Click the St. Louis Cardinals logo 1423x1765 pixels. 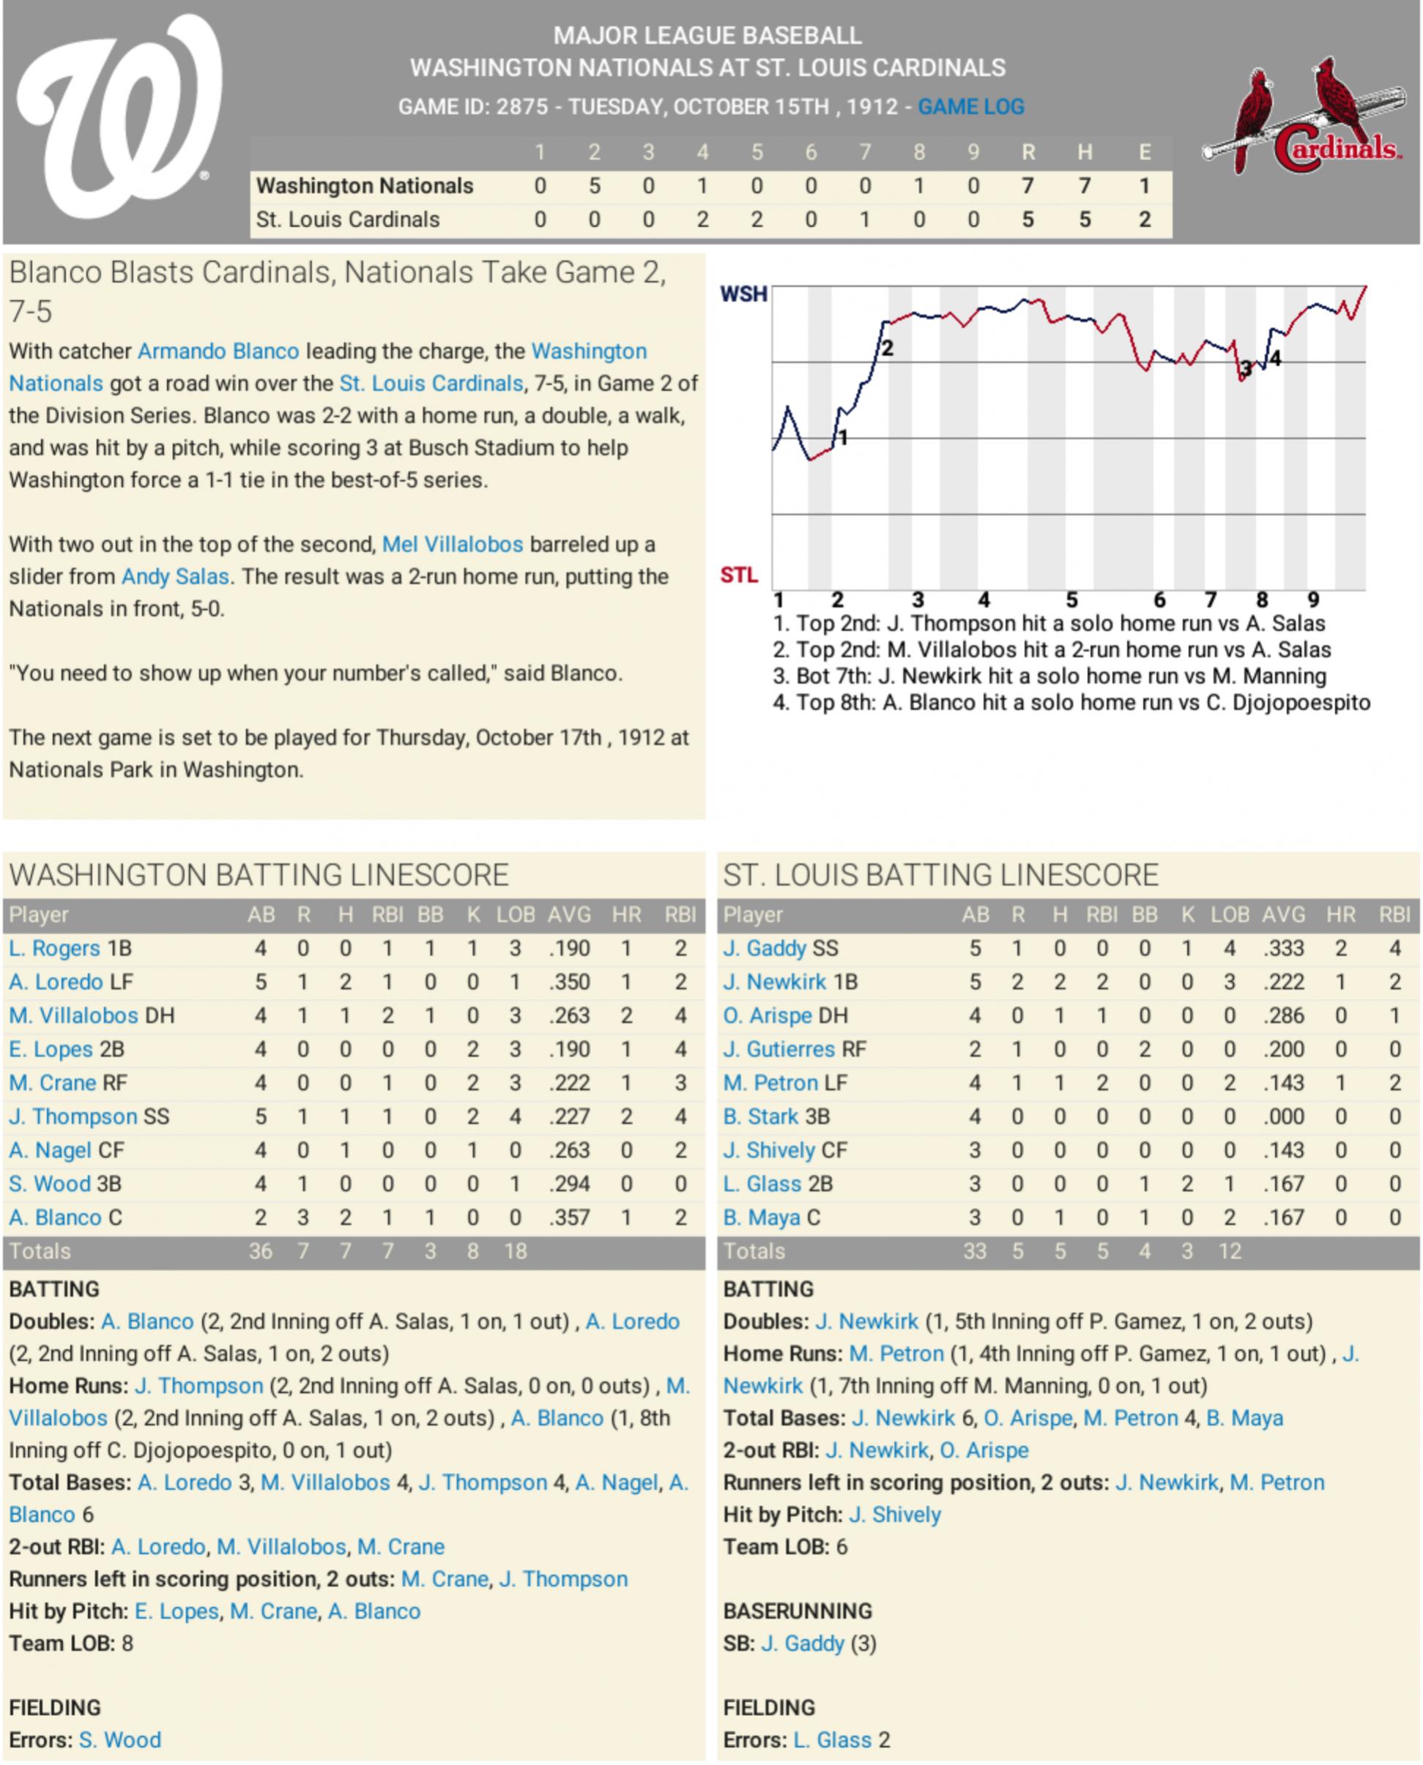pyautogui.click(x=1304, y=117)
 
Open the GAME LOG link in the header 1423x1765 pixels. pyautogui.click(x=970, y=107)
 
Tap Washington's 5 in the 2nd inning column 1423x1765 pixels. pyautogui.click(x=594, y=186)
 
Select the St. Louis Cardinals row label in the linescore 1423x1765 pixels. pyautogui.click(x=348, y=220)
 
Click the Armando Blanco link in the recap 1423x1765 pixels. pyautogui.click(x=218, y=351)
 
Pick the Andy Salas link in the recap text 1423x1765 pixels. pyautogui.click(x=174, y=577)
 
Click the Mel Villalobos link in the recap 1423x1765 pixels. pyautogui.click(x=453, y=545)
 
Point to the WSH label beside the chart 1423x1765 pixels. pyautogui.click(x=743, y=294)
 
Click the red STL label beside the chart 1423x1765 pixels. pyautogui.click(x=738, y=575)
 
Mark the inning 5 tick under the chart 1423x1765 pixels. pyautogui.click(x=1071, y=600)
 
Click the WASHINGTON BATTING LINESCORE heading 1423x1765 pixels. pyautogui.click(x=259, y=875)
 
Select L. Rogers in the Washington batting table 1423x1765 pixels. pyautogui.click(x=54, y=949)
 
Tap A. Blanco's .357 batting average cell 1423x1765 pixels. pyautogui.click(x=569, y=1217)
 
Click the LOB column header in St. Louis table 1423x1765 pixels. pyautogui.click(x=1230, y=914)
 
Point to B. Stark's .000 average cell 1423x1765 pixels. pyautogui.click(x=1283, y=1117)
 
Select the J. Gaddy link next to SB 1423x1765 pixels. pyautogui.click(x=802, y=1643)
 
